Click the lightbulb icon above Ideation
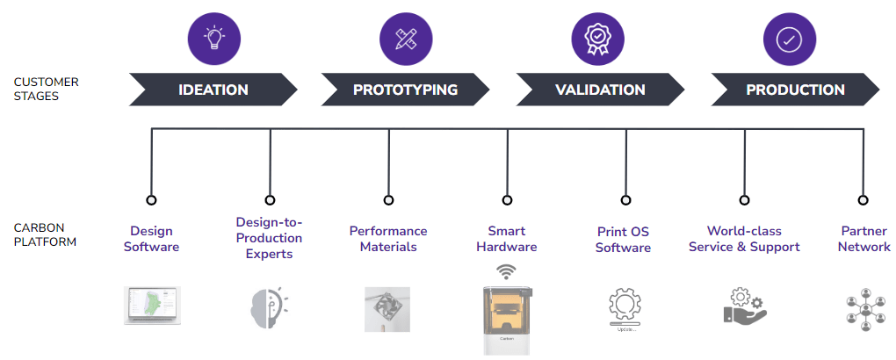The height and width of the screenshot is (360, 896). click(213, 39)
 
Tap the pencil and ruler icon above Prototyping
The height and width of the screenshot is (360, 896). click(406, 39)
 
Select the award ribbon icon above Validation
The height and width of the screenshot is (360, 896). click(597, 39)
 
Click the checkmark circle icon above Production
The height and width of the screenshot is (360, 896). click(790, 39)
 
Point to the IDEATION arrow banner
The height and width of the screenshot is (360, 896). click(213, 90)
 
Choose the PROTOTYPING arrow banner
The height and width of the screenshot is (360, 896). click(405, 90)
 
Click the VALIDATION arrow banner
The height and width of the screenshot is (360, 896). click(600, 90)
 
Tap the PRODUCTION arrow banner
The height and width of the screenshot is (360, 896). click(795, 90)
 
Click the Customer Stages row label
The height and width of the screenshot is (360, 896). click(46, 89)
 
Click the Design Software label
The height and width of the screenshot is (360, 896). click(151, 239)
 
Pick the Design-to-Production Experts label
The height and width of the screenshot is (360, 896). click(270, 238)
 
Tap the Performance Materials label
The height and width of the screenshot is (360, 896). click(388, 239)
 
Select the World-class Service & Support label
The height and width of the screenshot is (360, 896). click(744, 239)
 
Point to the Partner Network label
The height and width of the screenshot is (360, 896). click(863, 239)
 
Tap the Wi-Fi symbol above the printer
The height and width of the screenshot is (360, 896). click(507, 271)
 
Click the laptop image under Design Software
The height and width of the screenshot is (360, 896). click(151, 306)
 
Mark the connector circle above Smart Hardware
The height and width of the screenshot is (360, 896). click(507, 200)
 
